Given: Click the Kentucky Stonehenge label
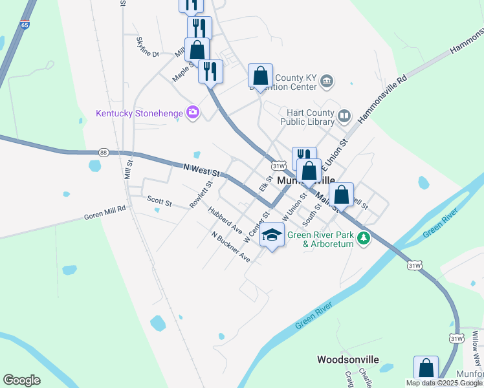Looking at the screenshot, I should [x=139, y=113].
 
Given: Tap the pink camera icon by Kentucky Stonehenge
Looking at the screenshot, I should [x=192, y=113].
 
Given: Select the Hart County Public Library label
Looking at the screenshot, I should [x=309, y=117].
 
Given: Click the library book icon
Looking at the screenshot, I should [x=345, y=116].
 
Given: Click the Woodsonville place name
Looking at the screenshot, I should [x=347, y=359].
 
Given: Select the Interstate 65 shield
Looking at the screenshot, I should [x=25, y=25].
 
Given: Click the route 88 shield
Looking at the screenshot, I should [x=104, y=152].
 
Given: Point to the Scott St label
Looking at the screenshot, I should [x=159, y=202].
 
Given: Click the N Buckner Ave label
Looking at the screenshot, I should [x=231, y=246].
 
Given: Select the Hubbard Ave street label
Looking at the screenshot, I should [x=225, y=221].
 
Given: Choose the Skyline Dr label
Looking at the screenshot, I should [x=147, y=46].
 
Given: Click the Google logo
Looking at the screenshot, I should [x=21, y=380].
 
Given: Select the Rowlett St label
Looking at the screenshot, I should [x=201, y=194].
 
